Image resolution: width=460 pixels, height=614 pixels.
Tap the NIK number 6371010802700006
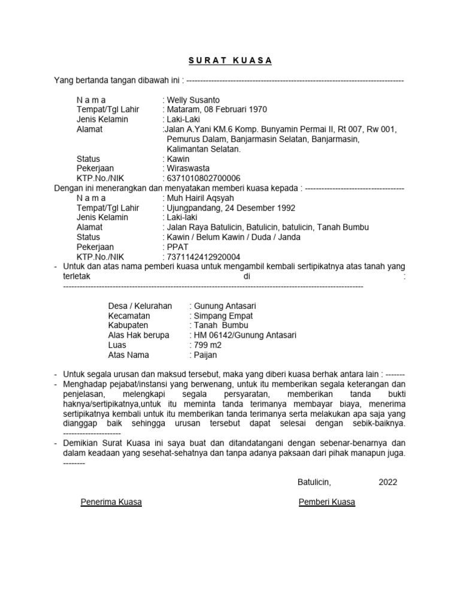click(x=203, y=178)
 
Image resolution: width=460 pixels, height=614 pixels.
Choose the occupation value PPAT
click(x=177, y=247)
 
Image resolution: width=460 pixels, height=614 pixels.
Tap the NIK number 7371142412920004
click(x=203, y=257)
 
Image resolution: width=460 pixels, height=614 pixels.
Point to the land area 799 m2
click(x=207, y=345)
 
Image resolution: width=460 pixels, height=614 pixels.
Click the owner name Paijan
click(x=205, y=355)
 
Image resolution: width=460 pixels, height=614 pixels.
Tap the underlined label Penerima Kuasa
click(x=111, y=502)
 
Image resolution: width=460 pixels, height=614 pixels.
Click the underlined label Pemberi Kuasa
click(x=327, y=502)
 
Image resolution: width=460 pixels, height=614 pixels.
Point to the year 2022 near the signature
click(x=387, y=482)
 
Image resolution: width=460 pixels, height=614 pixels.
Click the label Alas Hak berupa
click(x=138, y=335)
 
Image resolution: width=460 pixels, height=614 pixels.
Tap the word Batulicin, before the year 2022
click(x=314, y=482)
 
